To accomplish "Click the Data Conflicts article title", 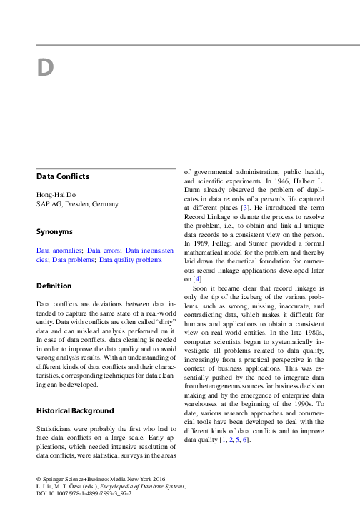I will coord(63,176).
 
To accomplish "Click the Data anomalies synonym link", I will coord(59,251).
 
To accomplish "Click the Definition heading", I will coord(54,286).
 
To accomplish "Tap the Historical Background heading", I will coord(75,411).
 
